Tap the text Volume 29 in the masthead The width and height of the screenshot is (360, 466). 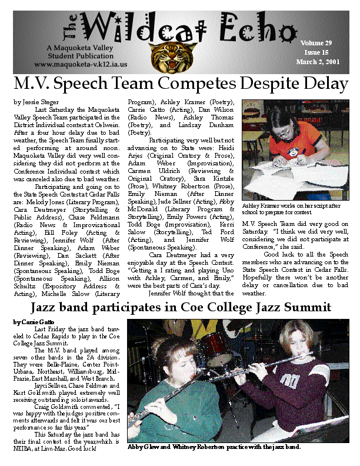point(316,43)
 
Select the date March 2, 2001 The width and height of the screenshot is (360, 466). point(316,62)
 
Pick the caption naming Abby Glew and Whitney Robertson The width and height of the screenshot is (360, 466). point(214,447)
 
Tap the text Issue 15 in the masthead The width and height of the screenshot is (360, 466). point(316,52)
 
